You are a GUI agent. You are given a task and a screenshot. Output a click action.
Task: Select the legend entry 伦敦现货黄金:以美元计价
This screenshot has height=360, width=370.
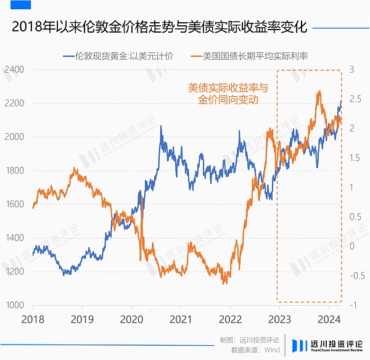coord(118,56)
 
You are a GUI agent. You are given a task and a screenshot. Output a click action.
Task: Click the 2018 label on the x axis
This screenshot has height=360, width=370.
coord(32,320)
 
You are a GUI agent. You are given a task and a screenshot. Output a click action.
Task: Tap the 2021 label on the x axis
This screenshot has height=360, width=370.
coord(179,320)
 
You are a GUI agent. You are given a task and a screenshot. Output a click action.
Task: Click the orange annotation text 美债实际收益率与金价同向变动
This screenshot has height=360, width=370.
coord(229,94)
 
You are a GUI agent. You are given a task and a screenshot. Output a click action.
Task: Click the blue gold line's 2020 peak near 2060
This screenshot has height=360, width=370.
coord(162,126)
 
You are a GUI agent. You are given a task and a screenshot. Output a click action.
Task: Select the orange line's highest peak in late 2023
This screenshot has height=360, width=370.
coord(319,92)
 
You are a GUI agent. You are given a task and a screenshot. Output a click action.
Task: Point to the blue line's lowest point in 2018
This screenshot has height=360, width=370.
coord(64,274)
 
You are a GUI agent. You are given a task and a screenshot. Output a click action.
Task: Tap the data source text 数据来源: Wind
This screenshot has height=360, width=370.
coord(255,350)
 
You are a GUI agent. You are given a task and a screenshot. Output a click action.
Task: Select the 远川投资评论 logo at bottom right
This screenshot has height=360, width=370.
coord(327,345)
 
